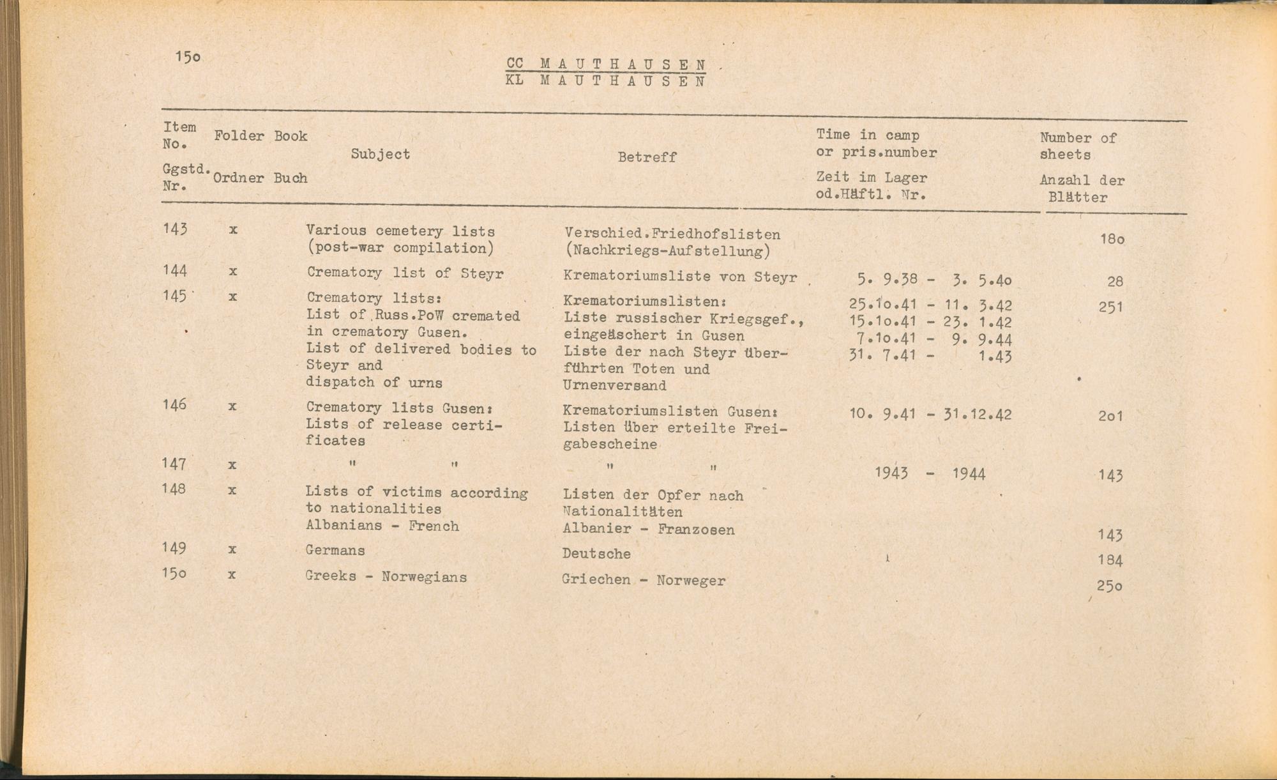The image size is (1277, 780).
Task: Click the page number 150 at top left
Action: pyautogui.click(x=188, y=57)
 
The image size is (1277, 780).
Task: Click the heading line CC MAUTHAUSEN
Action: pyautogui.click(x=606, y=64)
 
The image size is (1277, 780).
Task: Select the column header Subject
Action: pyautogui.click(x=381, y=154)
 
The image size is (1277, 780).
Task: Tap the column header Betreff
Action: pyautogui.click(x=647, y=157)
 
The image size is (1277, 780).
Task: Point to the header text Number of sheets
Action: pyautogui.click(x=1077, y=146)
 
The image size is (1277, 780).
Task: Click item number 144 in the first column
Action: pyautogui.click(x=175, y=271)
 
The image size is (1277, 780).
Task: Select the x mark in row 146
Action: pyautogui.click(x=232, y=406)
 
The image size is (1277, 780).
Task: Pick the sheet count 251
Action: pyautogui.click(x=1111, y=307)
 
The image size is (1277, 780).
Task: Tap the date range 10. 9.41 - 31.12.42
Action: pyautogui.click(x=930, y=414)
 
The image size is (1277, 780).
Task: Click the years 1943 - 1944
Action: pyautogui.click(x=930, y=473)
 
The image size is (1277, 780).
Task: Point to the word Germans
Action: pyautogui.click(x=335, y=550)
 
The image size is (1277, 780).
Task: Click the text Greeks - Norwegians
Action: pyautogui.click(x=386, y=576)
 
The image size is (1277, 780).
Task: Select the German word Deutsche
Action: pyautogui.click(x=596, y=554)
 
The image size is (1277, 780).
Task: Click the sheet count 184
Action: pyautogui.click(x=1110, y=560)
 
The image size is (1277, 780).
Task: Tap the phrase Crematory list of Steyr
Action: pyautogui.click(x=405, y=273)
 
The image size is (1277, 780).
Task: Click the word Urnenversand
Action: pyautogui.click(x=615, y=385)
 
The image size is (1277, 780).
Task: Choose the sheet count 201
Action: pyautogui.click(x=1110, y=416)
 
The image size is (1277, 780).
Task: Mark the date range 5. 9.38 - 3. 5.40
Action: pyautogui.click(x=935, y=280)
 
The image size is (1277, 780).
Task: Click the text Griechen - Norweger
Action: pyautogui.click(x=644, y=581)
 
